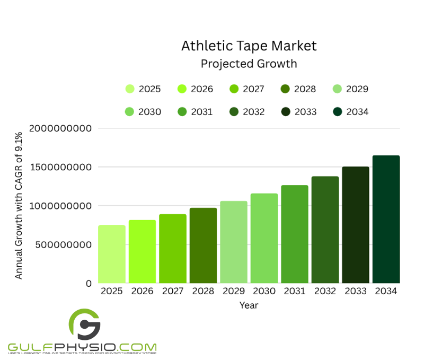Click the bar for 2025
[x=111, y=254]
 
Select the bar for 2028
[x=203, y=245]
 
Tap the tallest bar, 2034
[x=386, y=219]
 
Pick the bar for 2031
[x=294, y=234]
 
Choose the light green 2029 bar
[x=233, y=242]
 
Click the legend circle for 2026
[x=182, y=89]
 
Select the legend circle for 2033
[x=285, y=111]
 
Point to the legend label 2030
[x=149, y=112]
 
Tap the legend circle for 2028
[x=285, y=89]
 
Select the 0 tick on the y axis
[x=88, y=284]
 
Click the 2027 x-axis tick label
[x=172, y=291]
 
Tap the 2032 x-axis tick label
[x=325, y=291]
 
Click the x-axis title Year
[x=249, y=305]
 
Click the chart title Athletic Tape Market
[x=249, y=46]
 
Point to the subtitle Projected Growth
[x=249, y=64]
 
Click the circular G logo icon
[x=84, y=324]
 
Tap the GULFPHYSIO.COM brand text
[x=82, y=345]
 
